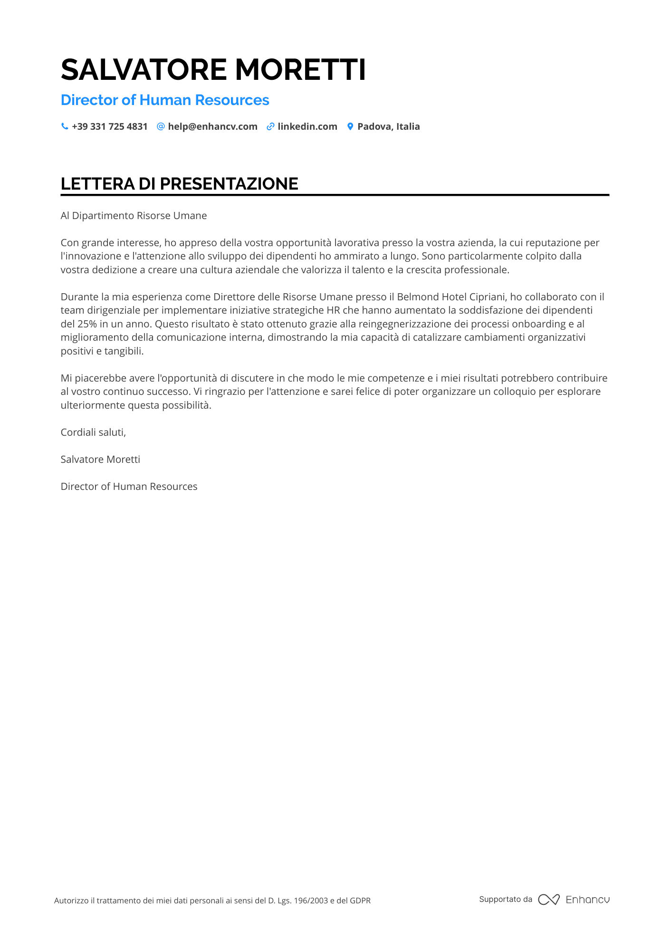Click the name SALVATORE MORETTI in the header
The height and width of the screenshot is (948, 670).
pos(213,70)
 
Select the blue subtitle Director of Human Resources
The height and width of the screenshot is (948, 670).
pos(165,100)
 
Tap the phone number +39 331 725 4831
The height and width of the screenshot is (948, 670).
pos(110,127)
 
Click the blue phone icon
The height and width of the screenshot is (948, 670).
pos(65,127)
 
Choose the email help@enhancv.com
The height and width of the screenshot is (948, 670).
pos(212,127)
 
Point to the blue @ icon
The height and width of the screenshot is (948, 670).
pos(161,127)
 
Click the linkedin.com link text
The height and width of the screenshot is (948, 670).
pos(307,127)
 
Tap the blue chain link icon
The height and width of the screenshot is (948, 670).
pos(270,127)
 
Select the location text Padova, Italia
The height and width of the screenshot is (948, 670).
pos(389,127)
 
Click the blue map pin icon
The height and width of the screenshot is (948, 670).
pos(350,127)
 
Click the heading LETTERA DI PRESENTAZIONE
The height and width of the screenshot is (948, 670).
pos(180,184)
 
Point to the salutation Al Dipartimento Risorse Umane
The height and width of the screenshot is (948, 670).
pos(134,216)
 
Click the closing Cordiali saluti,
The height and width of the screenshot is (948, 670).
pos(93,432)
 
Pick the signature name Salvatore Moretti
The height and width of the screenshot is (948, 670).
pos(100,460)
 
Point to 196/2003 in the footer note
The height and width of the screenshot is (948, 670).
pos(311,900)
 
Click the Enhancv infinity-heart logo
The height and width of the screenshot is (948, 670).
pos(549,900)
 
